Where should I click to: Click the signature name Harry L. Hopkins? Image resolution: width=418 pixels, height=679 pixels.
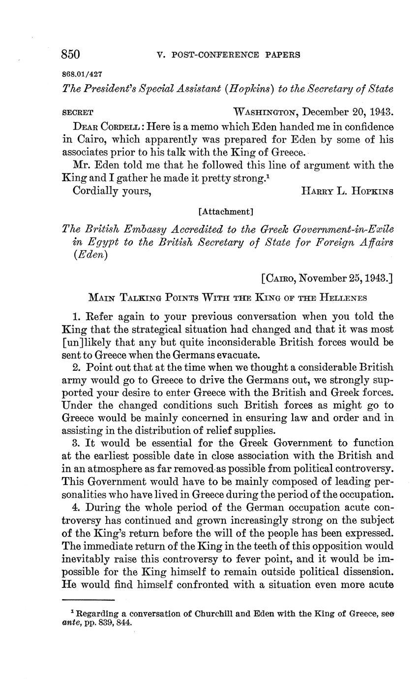pyautogui.click(x=347, y=192)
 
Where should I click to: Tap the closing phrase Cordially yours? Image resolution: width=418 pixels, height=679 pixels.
pyautogui.click(x=111, y=192)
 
